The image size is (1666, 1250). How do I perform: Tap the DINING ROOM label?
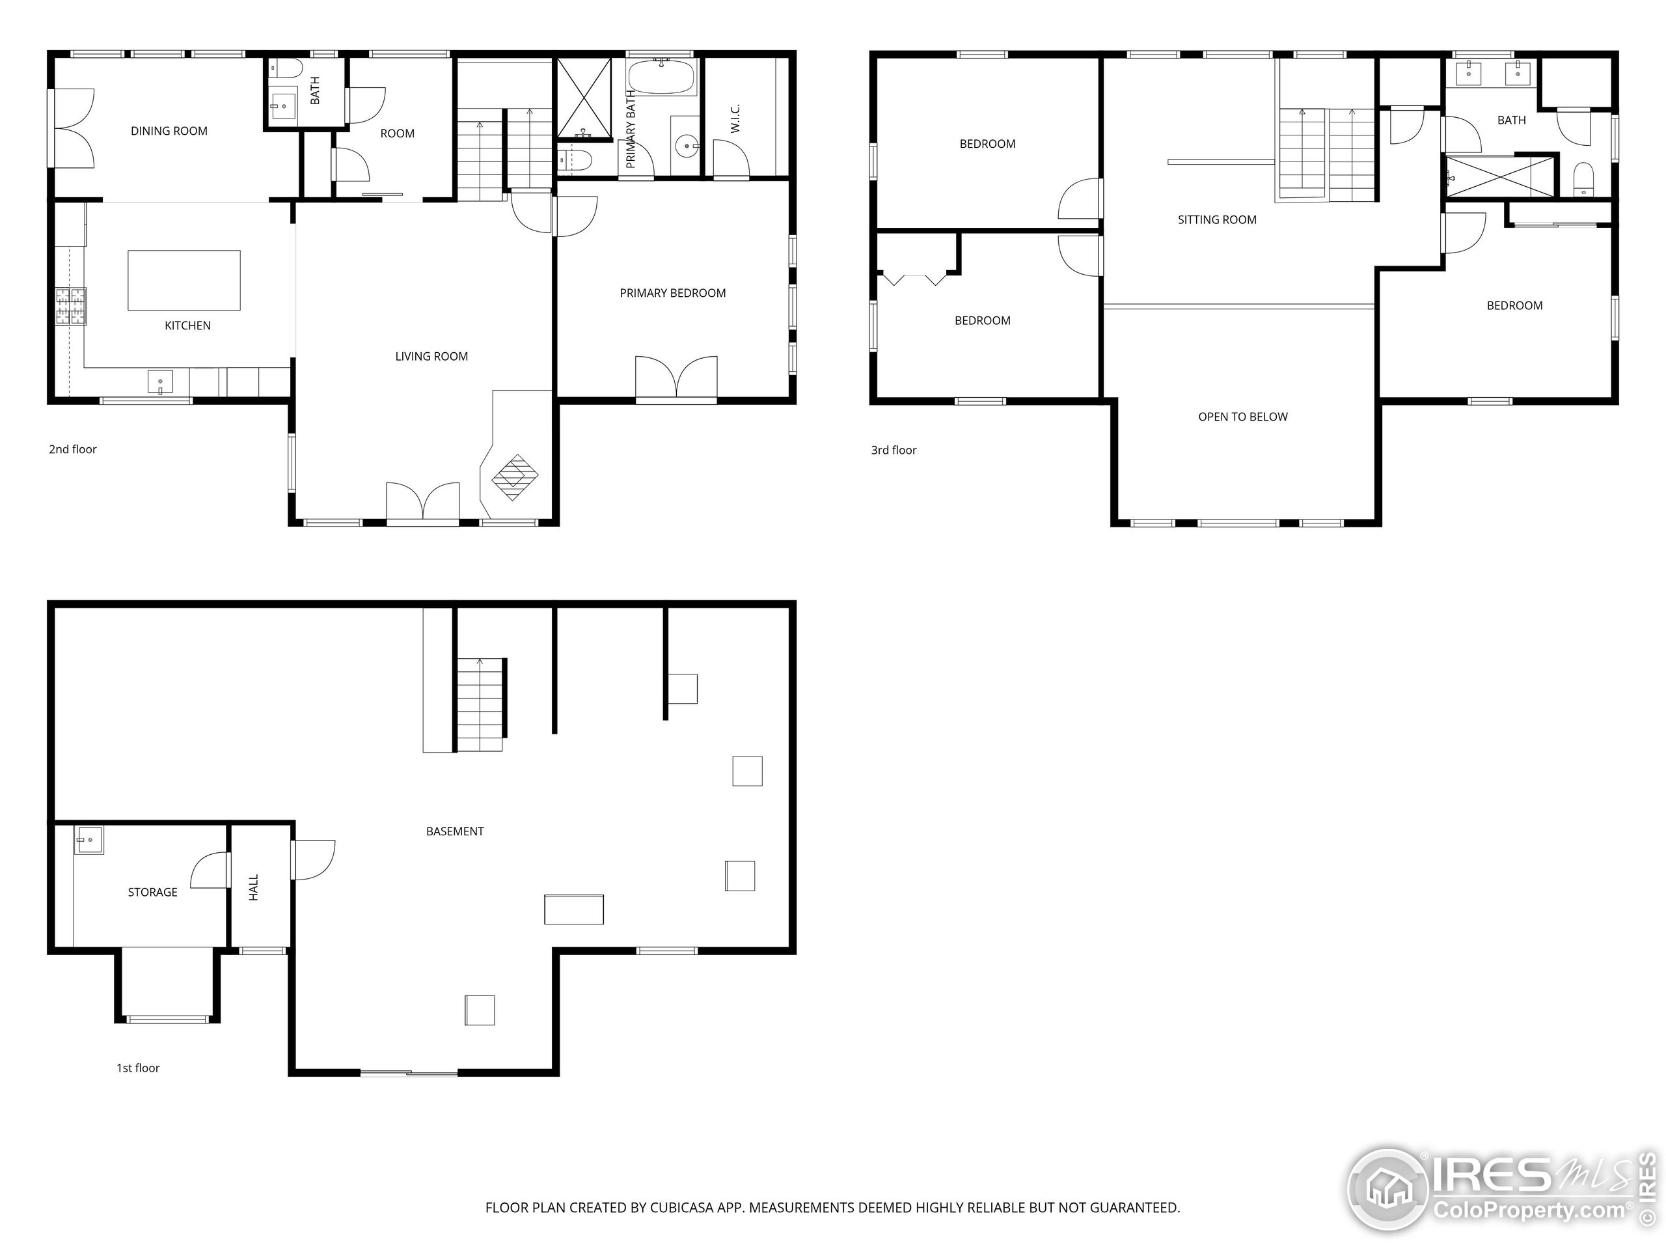coord(169,131)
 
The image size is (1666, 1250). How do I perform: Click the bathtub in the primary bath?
coord(662,77)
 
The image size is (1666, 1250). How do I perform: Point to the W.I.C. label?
coord(736,118)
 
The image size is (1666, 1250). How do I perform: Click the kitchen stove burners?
coord(71,306)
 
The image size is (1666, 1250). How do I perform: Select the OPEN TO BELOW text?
coord(1243,417)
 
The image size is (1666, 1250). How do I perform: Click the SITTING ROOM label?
coord(1217,220)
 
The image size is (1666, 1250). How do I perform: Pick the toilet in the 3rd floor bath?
coord(1584,178)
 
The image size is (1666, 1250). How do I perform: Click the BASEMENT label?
coord(455,831)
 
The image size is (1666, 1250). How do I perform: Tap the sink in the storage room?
coord(89,839)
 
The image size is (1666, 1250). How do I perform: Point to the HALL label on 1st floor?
coord(254,887)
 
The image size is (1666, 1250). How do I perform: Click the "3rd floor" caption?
coord(894,451)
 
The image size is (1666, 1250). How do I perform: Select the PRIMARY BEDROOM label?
coord(672,293)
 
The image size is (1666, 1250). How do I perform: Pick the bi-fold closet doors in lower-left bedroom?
coord(914,279)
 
